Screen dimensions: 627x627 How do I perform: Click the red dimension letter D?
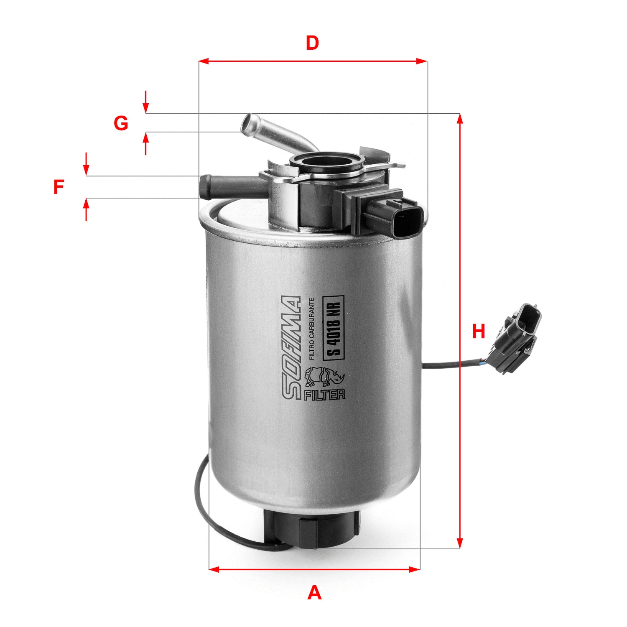tap(312, 43)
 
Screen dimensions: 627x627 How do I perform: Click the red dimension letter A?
tap(314, 593)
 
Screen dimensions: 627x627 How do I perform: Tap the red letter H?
tap(479, 331)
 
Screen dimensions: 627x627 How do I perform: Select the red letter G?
tap(121, 123)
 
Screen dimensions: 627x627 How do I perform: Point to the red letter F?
tap(59, 187)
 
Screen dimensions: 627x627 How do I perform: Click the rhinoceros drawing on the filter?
tap(324, 376)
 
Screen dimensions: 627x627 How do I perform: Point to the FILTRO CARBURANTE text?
tap(311, 329)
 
